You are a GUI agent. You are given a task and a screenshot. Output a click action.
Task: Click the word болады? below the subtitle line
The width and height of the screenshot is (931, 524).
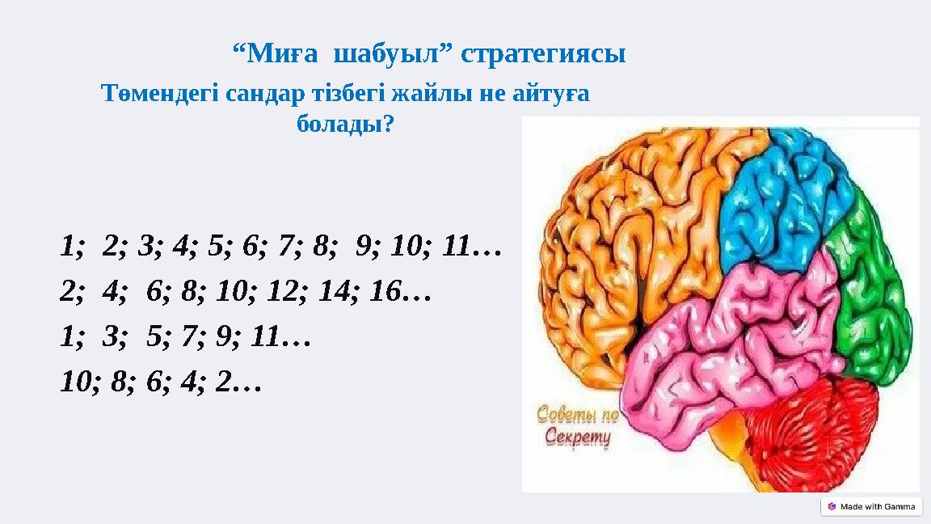[x=346, y=125]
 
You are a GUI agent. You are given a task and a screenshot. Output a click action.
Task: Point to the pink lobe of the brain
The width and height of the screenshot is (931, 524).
[x=727, y=340]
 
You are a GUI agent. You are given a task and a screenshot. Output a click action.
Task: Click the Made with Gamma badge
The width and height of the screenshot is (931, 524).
[x=870, y=506]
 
